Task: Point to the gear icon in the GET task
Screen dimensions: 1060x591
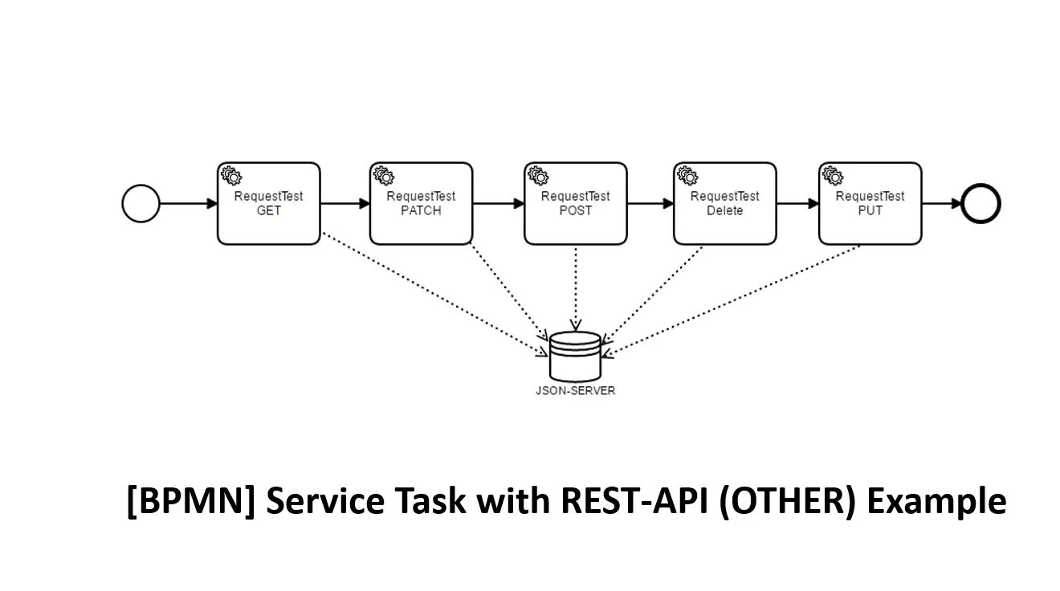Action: click(x=231, y=176)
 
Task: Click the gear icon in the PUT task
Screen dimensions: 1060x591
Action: click(x=833, y=176)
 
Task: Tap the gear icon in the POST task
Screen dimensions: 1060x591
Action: click(x=538, y=176)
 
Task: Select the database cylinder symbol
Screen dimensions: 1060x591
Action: click(x=576, y=357)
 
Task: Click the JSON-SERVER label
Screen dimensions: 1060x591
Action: click(x=576, y=391)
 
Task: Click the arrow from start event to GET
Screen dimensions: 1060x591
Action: click(x=189, y=203)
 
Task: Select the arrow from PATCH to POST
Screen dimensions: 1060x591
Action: click(x=499, y=203)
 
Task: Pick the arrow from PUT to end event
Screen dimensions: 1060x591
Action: click(x=942, y=203)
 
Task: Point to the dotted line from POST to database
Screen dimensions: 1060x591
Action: click(x=576, y=288)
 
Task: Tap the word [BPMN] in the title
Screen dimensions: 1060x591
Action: click(x=190, y=501)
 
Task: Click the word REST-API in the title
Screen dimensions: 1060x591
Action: click(x=635, y=500)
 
